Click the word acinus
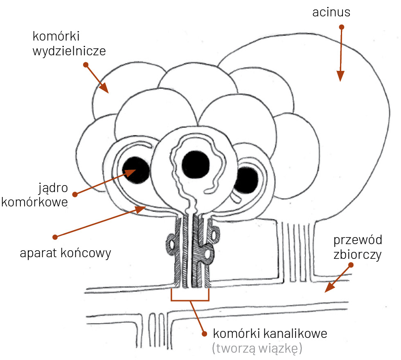(x=331, y=12)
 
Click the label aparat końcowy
(x=65, y=254)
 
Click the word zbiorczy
(x=357, y=255)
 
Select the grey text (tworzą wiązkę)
(x=257, y=349)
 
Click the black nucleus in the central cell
(x=197, y=164)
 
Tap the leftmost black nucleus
(x=137, y=170)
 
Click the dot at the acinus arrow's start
(x=342, y=27)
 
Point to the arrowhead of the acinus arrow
(x=340, y=77)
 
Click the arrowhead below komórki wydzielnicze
(x=104, y=88)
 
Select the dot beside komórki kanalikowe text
(x=204, y=333)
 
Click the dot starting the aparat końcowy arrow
(x=56, y=237)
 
